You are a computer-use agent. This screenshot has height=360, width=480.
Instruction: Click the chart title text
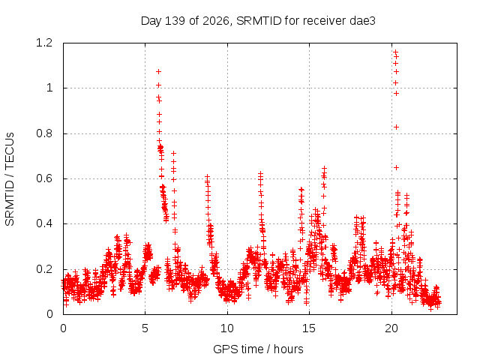[x=258, y=21]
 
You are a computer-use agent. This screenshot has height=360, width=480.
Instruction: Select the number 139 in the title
[x=175, y=21]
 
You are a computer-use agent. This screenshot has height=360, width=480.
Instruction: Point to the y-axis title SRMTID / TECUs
[x=10, y=179]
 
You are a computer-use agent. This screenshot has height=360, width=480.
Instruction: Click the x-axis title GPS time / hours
[x=258, y=349]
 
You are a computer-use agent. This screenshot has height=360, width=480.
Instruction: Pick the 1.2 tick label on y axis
[x=44, y=43]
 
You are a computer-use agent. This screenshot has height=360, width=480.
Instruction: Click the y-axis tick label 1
[x=49, y=88]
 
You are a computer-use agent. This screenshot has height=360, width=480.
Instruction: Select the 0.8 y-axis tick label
[x=44, y=133]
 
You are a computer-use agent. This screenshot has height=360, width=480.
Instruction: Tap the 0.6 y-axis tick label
[x=44, y=178]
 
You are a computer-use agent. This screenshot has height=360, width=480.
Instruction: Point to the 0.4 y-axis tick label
[x=44, y=223]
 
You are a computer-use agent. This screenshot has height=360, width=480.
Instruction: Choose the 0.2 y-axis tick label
[x=44, y=269]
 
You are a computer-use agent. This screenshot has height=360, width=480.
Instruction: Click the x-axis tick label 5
[x=145, y=328]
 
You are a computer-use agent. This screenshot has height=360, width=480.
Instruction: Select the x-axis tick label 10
[x=227, y=328]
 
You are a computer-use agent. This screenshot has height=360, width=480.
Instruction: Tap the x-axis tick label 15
[x=309, y=328]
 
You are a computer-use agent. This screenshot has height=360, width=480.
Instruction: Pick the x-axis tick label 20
[x=391, y=328]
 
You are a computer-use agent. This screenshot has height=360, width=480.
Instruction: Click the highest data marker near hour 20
[x=395, y=52]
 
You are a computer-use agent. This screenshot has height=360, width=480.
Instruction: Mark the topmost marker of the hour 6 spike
[x=158, y=72]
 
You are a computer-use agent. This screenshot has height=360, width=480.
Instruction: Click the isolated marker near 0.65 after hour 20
[x=396, y=168]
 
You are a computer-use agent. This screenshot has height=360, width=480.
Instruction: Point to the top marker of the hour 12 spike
[x=260, y=173]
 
